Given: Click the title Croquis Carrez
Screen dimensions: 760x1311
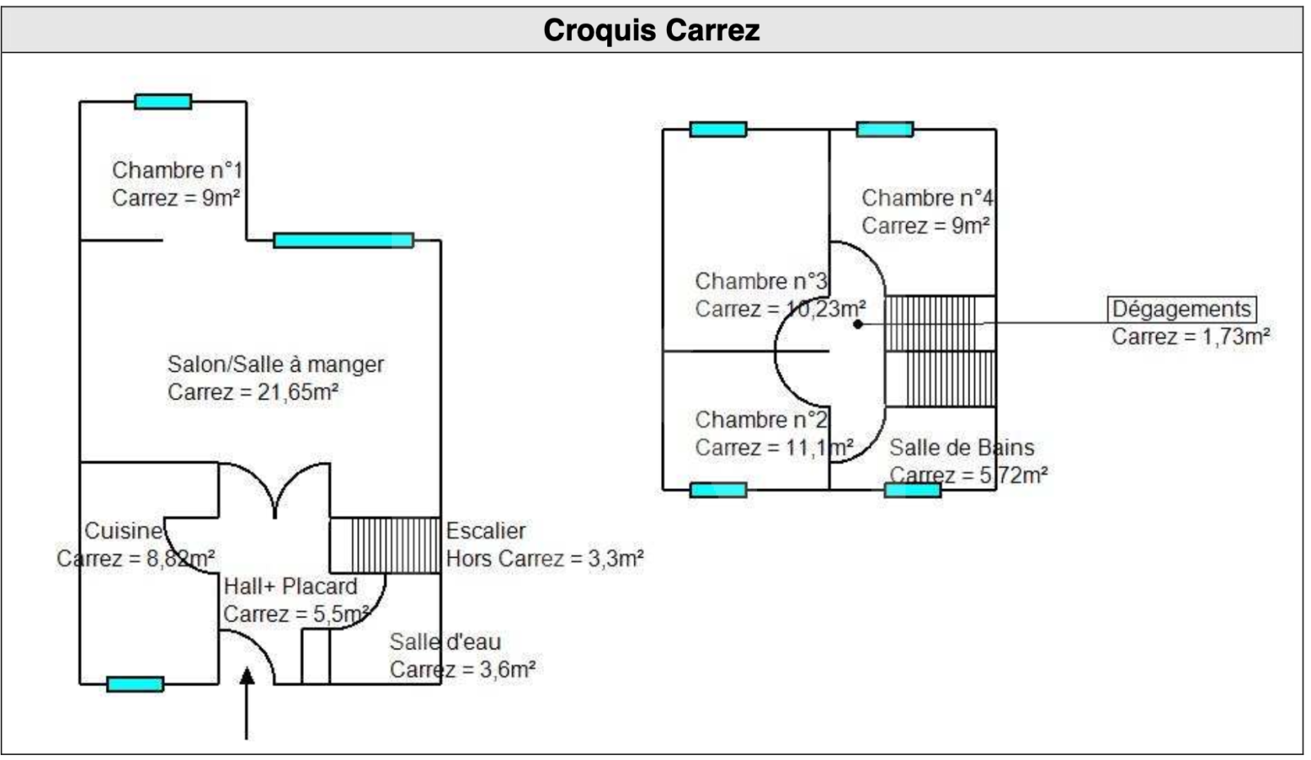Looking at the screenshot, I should (651, 30).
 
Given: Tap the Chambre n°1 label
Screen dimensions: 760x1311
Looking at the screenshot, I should (177, 170).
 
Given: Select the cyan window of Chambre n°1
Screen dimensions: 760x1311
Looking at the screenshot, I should (163, 102).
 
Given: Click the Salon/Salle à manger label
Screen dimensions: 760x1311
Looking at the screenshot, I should (275, 364).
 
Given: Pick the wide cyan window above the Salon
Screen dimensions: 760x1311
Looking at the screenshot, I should (343, 240).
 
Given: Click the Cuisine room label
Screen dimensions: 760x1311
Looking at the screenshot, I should (123, 532).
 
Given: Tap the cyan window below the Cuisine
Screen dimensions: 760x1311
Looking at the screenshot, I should (135, 684).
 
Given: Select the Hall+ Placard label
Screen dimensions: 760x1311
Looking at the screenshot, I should (290, 586).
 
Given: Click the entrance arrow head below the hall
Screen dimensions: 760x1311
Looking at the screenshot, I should (247, 676).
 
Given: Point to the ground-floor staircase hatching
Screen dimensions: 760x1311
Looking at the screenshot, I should (385, 545).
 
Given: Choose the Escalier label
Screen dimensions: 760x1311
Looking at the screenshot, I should (485, 532).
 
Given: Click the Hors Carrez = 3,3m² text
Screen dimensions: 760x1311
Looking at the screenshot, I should (544, 559).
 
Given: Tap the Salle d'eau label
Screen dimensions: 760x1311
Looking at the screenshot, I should (444, 641).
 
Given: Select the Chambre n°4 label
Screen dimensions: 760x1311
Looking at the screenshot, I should (927, 198).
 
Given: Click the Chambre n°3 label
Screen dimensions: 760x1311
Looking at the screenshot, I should (760, 281).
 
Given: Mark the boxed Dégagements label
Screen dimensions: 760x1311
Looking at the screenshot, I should (1182, 309).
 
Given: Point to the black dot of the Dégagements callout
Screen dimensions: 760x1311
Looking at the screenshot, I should (858, 324).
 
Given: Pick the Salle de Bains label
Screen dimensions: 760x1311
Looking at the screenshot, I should (961, 448).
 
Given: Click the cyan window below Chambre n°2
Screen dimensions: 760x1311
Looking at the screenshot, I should (719, 490).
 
